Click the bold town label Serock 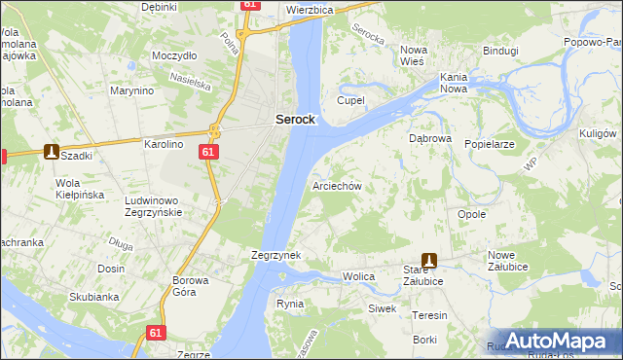coord(294,119)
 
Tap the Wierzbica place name coord(311,9)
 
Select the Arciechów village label coord(337,185)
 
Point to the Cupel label coord(349,100)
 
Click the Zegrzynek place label coord(275,255)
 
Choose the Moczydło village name coord(174,55)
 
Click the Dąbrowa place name coord(429,138)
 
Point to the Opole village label coord(471,214)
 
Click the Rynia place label coord(290,304)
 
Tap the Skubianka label coord(93,297)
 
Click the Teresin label coord(429,315)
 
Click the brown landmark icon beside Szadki coord(51,152)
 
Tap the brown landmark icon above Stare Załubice coord(428,261)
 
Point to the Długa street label coord(122,245)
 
